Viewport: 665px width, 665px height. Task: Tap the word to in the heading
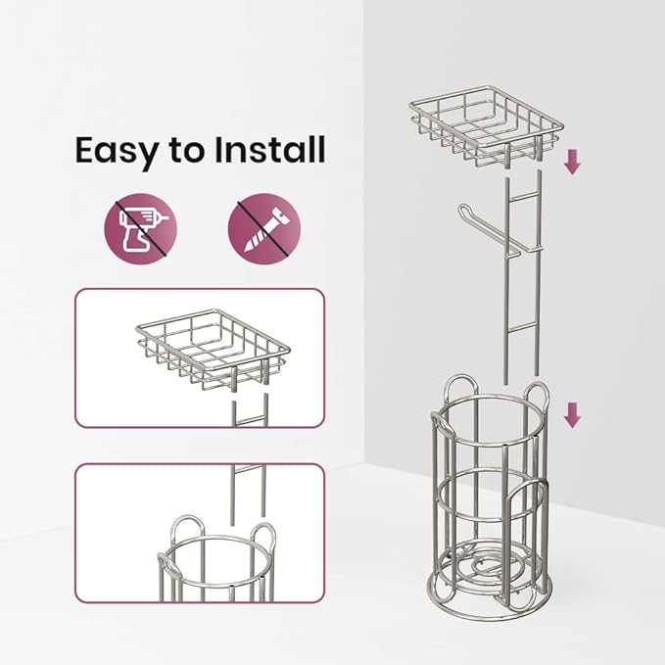187,152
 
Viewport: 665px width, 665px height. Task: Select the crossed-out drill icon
141,229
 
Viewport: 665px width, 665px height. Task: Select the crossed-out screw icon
264,229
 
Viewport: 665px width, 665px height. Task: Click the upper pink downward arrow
572,163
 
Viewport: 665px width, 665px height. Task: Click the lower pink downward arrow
572,415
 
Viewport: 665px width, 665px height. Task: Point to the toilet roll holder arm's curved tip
463,210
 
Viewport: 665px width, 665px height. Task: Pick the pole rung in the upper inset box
249,420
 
